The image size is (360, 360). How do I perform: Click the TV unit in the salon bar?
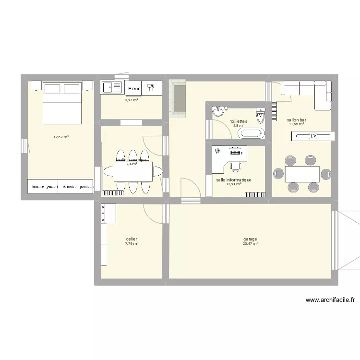tap(312, 136)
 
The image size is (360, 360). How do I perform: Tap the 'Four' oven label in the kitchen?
tap(134, 88)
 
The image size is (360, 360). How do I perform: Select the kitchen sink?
tap(112, 88)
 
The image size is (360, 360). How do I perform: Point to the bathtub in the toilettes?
tap(251, 133)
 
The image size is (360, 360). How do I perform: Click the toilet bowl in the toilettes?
tap(261, 116)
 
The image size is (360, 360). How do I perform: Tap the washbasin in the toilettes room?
tap(219, 112)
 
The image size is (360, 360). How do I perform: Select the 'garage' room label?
tap(250, 239)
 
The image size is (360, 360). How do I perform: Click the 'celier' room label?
tap(132, 239)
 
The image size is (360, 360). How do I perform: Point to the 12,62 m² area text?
tap(61, 137)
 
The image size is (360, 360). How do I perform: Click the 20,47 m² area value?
tap(250, 244)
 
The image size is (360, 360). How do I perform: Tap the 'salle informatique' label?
tap(234, 180)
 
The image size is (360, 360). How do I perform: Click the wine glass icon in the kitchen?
tap(151, 88)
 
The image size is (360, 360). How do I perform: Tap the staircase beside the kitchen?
tap(178, 98)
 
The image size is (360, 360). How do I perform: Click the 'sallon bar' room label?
tap(297, 120)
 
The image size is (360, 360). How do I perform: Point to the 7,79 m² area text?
tap(132, 244)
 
